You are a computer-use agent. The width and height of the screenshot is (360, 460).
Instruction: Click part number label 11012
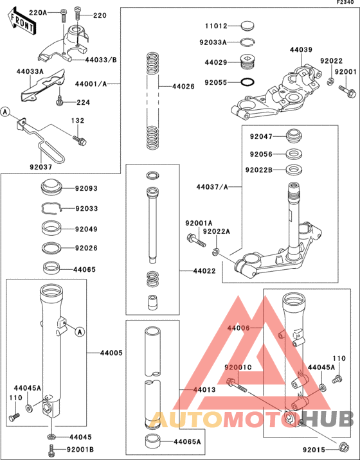[217, 27]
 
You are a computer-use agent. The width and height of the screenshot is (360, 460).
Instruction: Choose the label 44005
[111, 353]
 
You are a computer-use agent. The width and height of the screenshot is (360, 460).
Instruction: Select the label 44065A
[187, 442]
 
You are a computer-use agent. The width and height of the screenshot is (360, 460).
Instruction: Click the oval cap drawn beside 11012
[248, 27]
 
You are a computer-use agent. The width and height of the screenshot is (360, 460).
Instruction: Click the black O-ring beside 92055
[248, 82]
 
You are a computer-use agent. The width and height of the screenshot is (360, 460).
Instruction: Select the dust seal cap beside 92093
[51, 188]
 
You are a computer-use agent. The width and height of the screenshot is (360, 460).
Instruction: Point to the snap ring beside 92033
[50, 208]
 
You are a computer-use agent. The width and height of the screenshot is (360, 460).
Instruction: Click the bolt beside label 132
[79, 139]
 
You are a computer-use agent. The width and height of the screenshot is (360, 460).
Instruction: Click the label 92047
[262, 137]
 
